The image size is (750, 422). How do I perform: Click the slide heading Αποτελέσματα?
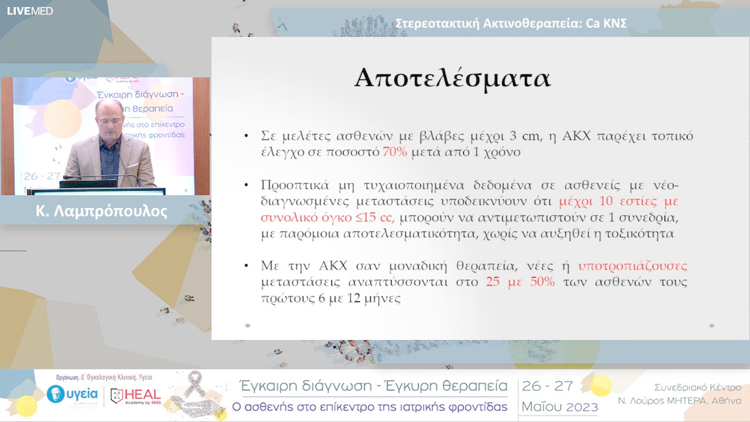[453, 78]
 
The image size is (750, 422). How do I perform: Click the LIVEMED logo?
[30, 10]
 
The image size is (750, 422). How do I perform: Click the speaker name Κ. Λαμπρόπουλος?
[101, 211]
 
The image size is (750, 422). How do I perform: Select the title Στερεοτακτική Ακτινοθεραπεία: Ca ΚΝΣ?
[511, 23]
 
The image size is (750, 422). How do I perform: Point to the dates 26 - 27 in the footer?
[552, 387]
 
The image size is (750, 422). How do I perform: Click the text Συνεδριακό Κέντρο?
[697, 387]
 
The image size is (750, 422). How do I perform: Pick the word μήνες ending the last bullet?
[381, 299]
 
